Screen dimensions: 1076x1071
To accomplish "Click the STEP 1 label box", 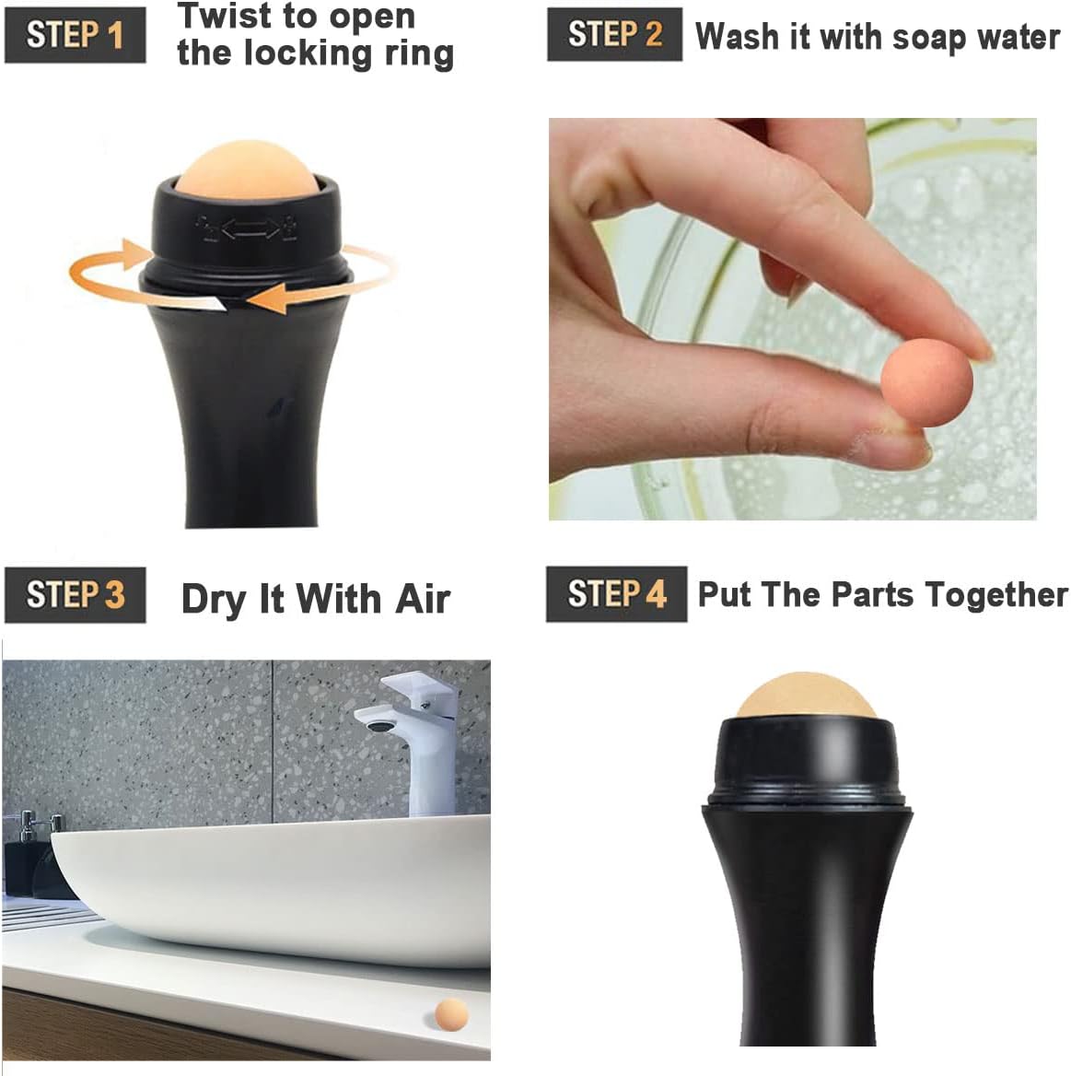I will point(75,36).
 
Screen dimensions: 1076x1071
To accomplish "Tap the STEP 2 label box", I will point(614,35).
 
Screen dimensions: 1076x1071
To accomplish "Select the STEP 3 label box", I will point(75,595).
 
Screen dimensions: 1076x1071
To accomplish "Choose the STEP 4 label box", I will point(616,594).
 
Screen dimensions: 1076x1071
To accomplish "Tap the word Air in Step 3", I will point(423,599).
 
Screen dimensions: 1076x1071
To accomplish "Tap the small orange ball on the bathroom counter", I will point(450,1014).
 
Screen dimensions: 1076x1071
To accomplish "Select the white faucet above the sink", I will point(414,728).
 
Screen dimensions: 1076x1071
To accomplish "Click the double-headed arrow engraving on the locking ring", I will point(249,228).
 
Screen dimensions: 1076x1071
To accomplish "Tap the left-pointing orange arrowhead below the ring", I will point(267,298).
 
